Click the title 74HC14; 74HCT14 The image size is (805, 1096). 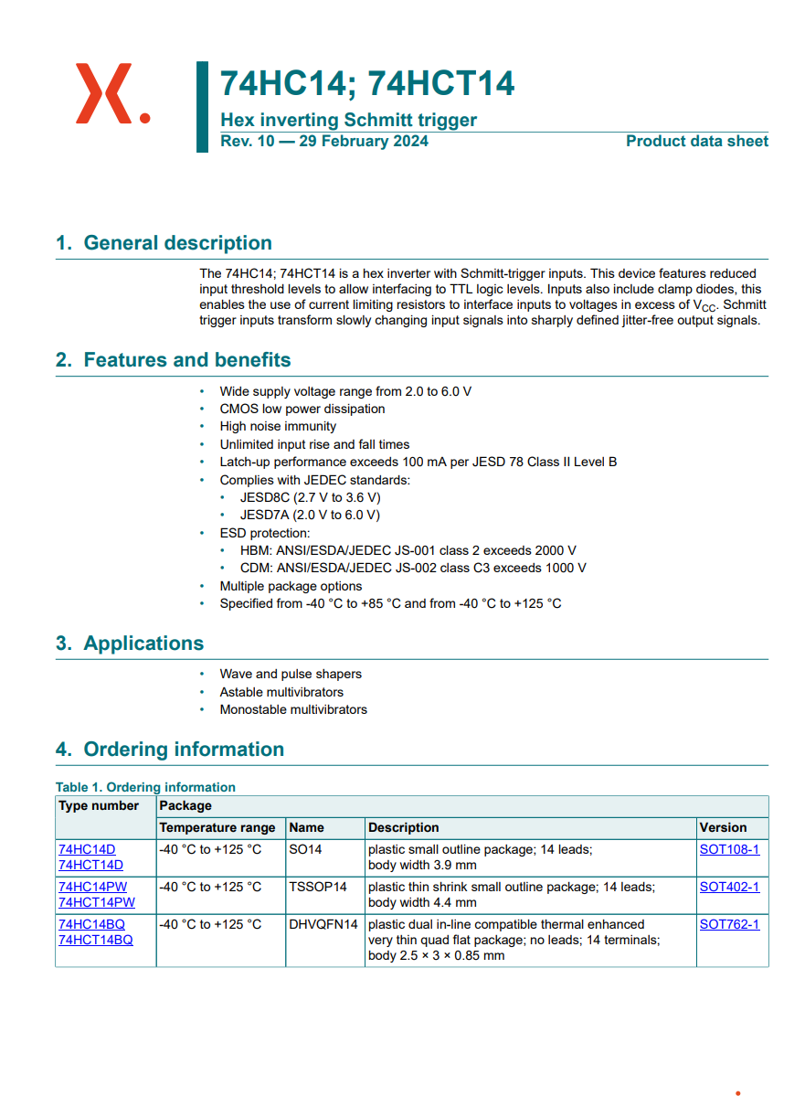coord(367,83)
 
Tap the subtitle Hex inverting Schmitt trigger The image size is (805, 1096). coord(348,120)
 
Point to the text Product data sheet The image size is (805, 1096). coord(696,141)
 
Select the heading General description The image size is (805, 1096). coord(177,243)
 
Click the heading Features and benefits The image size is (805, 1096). coord(186,360)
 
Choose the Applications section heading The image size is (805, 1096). coord(143,644)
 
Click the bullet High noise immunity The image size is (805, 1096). coord(278,427)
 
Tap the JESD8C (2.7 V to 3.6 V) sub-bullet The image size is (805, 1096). coord(310,497)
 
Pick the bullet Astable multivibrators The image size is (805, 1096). coord(281,692)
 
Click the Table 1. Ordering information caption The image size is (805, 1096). coord(145,787)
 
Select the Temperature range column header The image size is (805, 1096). coord(217,827)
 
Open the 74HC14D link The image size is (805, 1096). coord(87,849)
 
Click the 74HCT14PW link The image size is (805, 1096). coord(96,902)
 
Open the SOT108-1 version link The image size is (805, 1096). coord(729,849)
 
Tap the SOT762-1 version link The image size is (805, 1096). coord(729,924)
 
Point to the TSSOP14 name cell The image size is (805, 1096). coord(318,887)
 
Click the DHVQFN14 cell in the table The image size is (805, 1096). coord(323,924)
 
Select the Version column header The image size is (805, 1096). coord(723,827)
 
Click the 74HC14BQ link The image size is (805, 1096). coord(91,924)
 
